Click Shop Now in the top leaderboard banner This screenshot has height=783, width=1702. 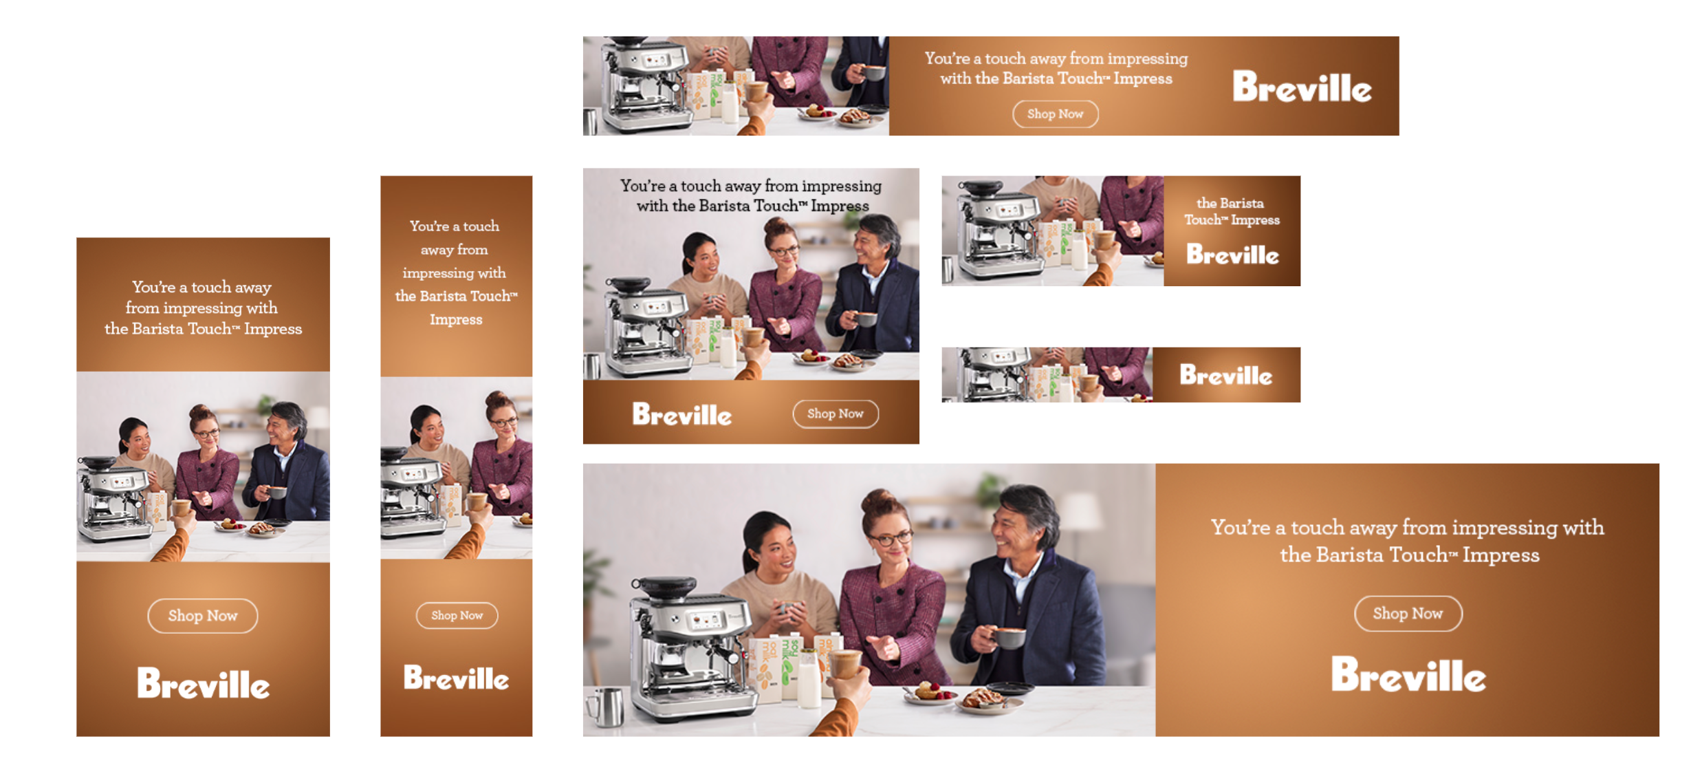tap(1055, 114)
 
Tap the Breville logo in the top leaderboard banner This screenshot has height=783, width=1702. tap(1302, 87)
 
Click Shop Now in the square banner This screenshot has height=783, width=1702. tap(835, 414)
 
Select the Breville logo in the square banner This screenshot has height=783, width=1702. tap(681, 414)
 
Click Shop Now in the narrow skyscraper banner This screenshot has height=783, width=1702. tap(457, 615)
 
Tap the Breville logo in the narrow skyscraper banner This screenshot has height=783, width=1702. tap(456, 678)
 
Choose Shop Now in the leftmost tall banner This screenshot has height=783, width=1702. tap(203, 616)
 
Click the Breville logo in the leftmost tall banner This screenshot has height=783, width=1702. tap(203, 683)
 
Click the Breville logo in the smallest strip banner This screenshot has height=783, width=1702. tap(1225, 375)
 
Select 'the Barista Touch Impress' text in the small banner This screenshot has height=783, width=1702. tap(1231, 211)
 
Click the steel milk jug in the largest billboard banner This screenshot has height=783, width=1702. tap(605, 707)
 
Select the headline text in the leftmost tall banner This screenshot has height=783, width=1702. tap(203, 308)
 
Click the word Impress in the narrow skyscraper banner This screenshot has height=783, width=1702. tap(456, 319)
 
